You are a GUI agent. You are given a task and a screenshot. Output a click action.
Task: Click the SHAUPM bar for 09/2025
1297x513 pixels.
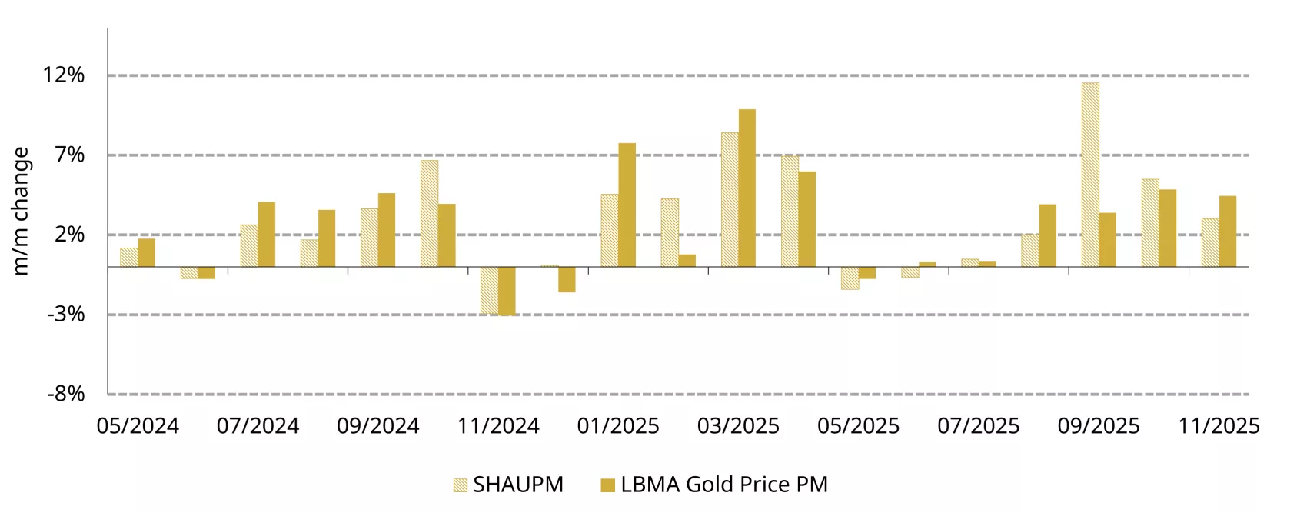[1089, 175]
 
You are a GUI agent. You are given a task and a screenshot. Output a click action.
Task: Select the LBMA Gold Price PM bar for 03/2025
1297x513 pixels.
[747, 188]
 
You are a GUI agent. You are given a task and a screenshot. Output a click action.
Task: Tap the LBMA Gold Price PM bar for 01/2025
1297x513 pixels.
[627, 205]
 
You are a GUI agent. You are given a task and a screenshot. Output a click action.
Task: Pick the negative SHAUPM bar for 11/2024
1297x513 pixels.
[489, 290]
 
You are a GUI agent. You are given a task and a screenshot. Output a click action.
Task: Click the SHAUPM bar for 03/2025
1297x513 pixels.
[730, 200]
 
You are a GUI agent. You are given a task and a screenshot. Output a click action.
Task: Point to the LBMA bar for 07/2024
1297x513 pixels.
[266, 235]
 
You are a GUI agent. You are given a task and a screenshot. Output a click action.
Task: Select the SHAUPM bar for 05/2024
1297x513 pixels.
[129, 258]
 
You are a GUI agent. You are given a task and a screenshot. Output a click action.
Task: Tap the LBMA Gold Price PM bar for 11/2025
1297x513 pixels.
[1227, 232]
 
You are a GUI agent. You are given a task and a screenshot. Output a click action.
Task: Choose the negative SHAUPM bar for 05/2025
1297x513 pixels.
[850, 278]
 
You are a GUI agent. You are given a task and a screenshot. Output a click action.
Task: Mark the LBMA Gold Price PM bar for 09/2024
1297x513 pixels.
[386, 230]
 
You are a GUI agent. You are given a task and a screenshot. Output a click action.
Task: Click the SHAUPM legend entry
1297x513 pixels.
[508, 485]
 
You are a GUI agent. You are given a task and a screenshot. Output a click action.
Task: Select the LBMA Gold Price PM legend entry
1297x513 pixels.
[714, 485]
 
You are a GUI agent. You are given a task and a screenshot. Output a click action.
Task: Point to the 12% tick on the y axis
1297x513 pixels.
[64, 75]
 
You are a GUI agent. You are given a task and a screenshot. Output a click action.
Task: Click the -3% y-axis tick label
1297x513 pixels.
[66, 314]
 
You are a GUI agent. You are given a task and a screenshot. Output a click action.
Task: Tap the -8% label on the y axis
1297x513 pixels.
[66, 394]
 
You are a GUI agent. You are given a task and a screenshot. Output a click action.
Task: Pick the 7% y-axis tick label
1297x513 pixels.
[69, 155]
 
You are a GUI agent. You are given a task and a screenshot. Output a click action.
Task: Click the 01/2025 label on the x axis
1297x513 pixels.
[618, 426]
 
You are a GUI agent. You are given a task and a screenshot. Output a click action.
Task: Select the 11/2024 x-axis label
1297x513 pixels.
[498, 426]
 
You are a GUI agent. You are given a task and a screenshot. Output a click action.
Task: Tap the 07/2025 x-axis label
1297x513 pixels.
[978, 426]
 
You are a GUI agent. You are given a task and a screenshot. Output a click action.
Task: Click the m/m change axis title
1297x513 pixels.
[21, 211]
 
